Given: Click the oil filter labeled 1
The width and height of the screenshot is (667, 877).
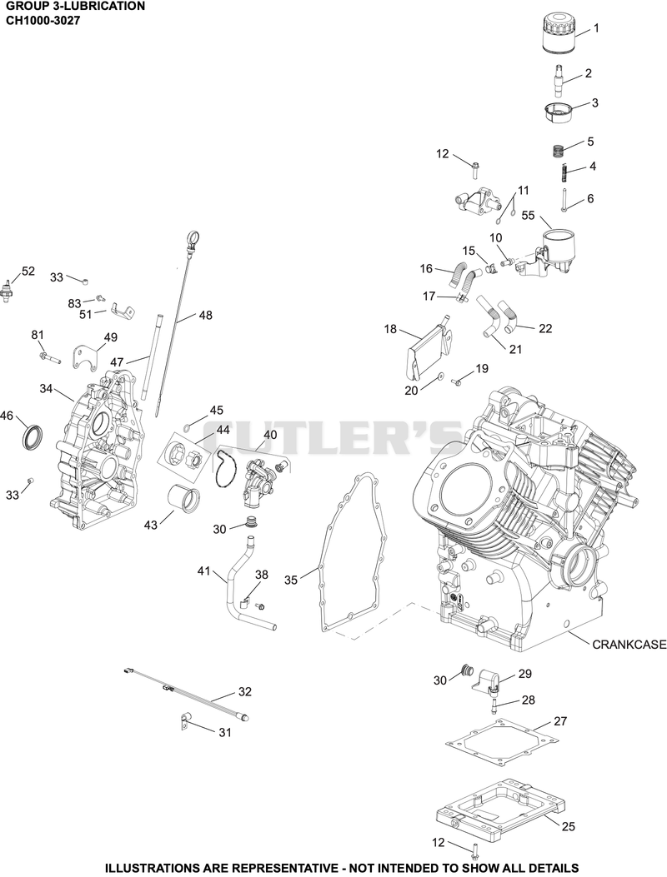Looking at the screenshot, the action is [559, 33].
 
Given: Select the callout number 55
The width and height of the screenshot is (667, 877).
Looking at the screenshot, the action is [528, 216].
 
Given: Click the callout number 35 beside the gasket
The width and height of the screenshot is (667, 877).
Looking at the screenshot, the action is [292, 580].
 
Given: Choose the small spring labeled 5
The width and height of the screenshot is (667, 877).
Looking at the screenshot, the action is [557, 151].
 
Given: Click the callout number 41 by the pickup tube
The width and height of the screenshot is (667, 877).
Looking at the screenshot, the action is [204, 571].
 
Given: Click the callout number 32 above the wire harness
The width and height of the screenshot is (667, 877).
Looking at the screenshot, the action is [245, 691].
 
